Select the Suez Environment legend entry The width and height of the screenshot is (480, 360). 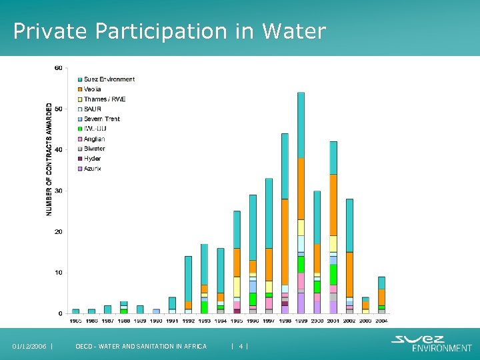click(x=109, y=79)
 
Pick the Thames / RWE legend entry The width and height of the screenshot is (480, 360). click(x=104, y=99)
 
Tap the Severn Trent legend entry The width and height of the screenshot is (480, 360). click(x=101, y=119)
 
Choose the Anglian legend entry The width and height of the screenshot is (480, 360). click(x=94, y=139)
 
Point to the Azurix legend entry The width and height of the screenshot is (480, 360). click(x=93, y=169)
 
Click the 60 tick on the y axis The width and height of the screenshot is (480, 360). click(x=59, y=68)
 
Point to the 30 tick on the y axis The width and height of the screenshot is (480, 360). click(x=59, y=191)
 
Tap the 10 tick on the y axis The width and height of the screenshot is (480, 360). click(x=59, y=273)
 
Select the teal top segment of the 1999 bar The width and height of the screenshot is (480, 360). click(x=301, y=125)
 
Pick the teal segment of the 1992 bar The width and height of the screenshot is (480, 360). click(x=188, y=279)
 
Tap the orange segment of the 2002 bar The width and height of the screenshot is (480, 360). click(x=349, y=274)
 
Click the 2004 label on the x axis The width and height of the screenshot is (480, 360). click(x=381, y=321)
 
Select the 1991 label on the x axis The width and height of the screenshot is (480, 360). click(x=172, y=321)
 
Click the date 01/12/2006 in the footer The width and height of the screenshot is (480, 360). click(x=30, y=346)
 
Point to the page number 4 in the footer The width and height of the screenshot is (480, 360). click(x=240, y=346)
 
